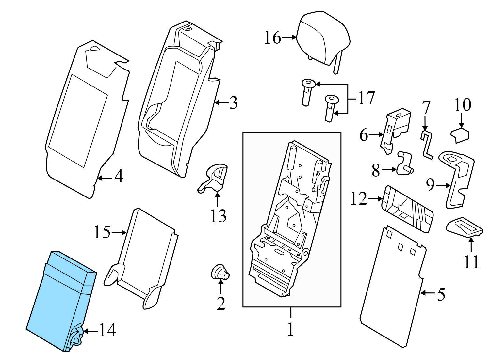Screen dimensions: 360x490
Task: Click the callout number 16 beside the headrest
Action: [272, 38]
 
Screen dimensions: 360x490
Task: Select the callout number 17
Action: [366, 98]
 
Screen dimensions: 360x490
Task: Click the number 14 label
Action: [107, 331]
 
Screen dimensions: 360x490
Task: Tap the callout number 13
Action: [218, 216]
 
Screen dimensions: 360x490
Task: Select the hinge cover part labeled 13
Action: [214, 178]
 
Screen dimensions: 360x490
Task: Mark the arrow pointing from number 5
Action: [427, 293]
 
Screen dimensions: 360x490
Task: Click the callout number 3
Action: [233, 103]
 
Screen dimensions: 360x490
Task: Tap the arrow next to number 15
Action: [119, 233]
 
